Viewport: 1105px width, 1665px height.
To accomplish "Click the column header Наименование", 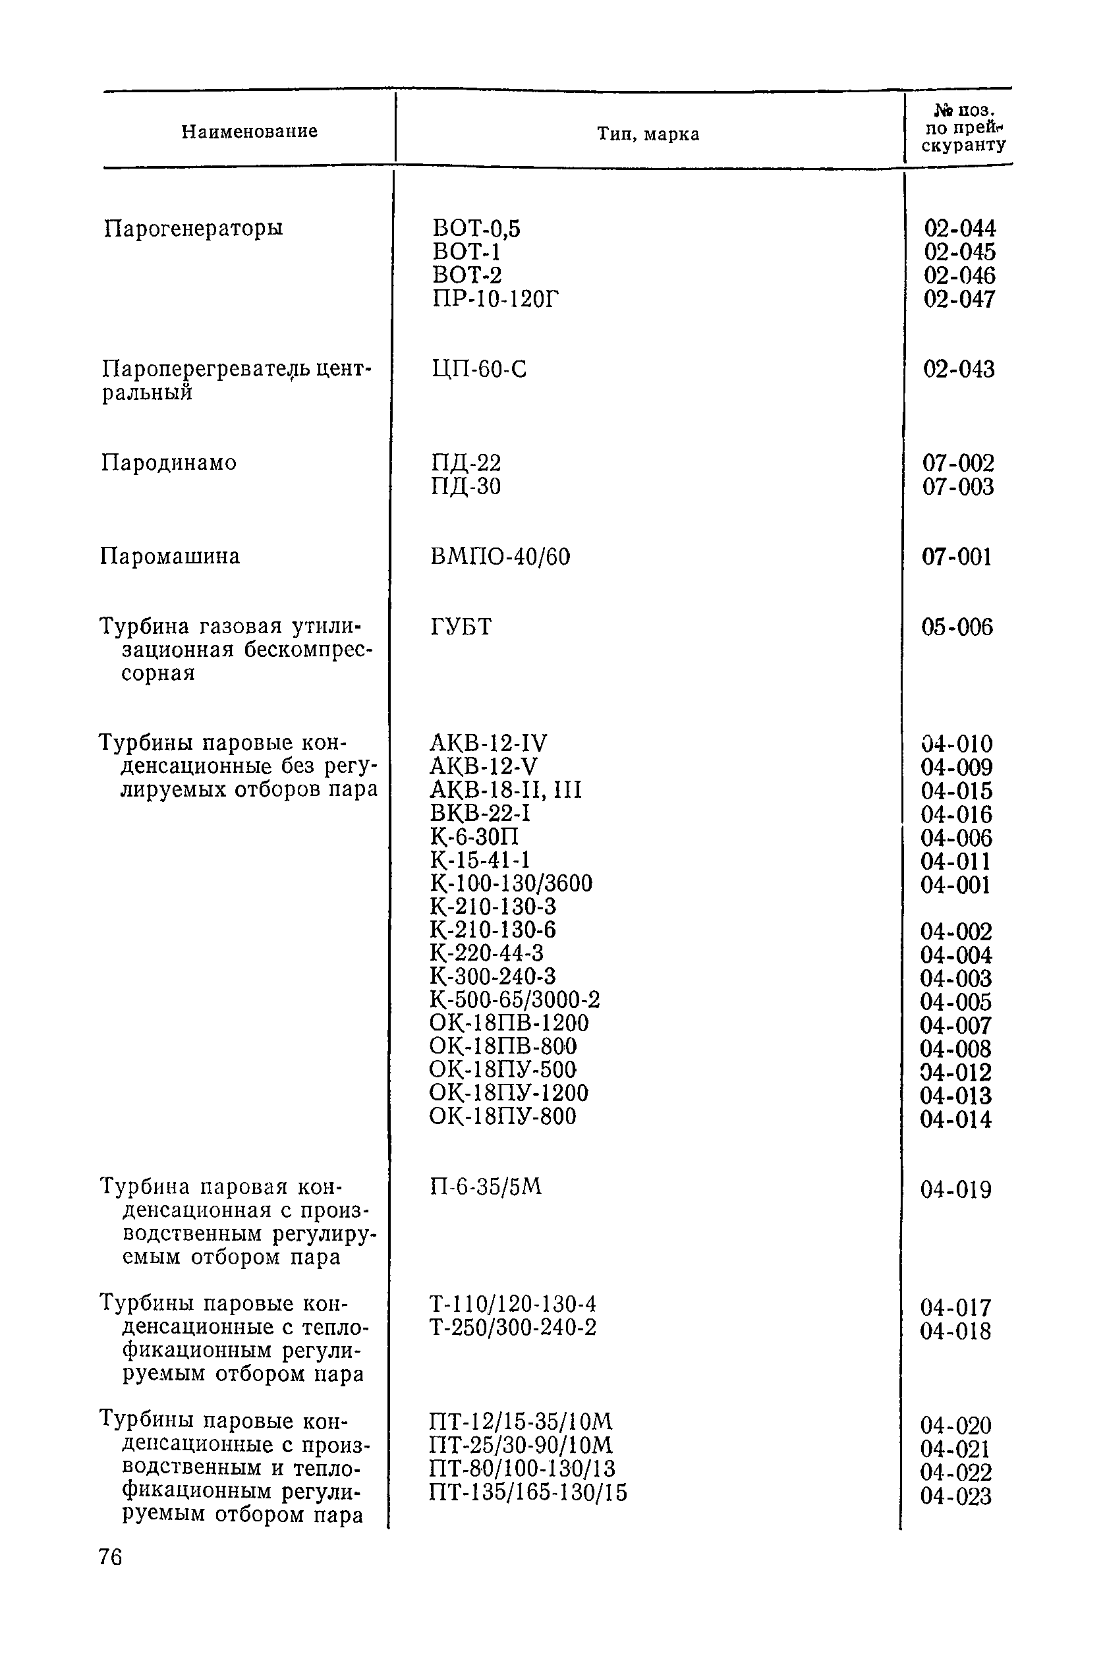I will (x=250, y=132).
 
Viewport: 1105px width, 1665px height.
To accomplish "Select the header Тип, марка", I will (x=648, y=134).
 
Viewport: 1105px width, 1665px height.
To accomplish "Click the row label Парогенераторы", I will (x=193, y=228).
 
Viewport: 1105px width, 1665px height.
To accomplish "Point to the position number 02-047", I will (x=959, y=298).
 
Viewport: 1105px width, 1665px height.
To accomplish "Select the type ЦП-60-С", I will (x=478, y=369).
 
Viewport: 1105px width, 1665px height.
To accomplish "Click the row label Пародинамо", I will (x=169, y=463).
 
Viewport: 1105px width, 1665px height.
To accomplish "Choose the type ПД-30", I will (x=465, y=486).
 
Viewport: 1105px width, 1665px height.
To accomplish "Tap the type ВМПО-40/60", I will (x=499, y=557).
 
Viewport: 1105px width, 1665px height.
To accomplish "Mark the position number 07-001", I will (x=956, y=557).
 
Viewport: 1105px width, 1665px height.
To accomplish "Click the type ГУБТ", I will (x=460, y=627).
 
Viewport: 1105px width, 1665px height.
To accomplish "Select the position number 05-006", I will (x=956, y=627).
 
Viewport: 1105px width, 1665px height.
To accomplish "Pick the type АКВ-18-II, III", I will (x=505, y=790).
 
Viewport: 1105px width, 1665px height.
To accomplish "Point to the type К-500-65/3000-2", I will (x=515, y=1000).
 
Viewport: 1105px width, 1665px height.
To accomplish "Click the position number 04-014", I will (x=955, y=1119).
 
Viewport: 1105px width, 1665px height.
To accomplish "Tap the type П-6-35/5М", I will (x=486, y=1187).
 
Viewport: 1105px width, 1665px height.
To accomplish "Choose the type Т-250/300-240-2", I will (x=513, y=1328).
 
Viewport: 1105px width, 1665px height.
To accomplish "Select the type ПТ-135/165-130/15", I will (x=528, y=1492).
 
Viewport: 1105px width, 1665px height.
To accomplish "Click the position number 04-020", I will (x=955, y=1425).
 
